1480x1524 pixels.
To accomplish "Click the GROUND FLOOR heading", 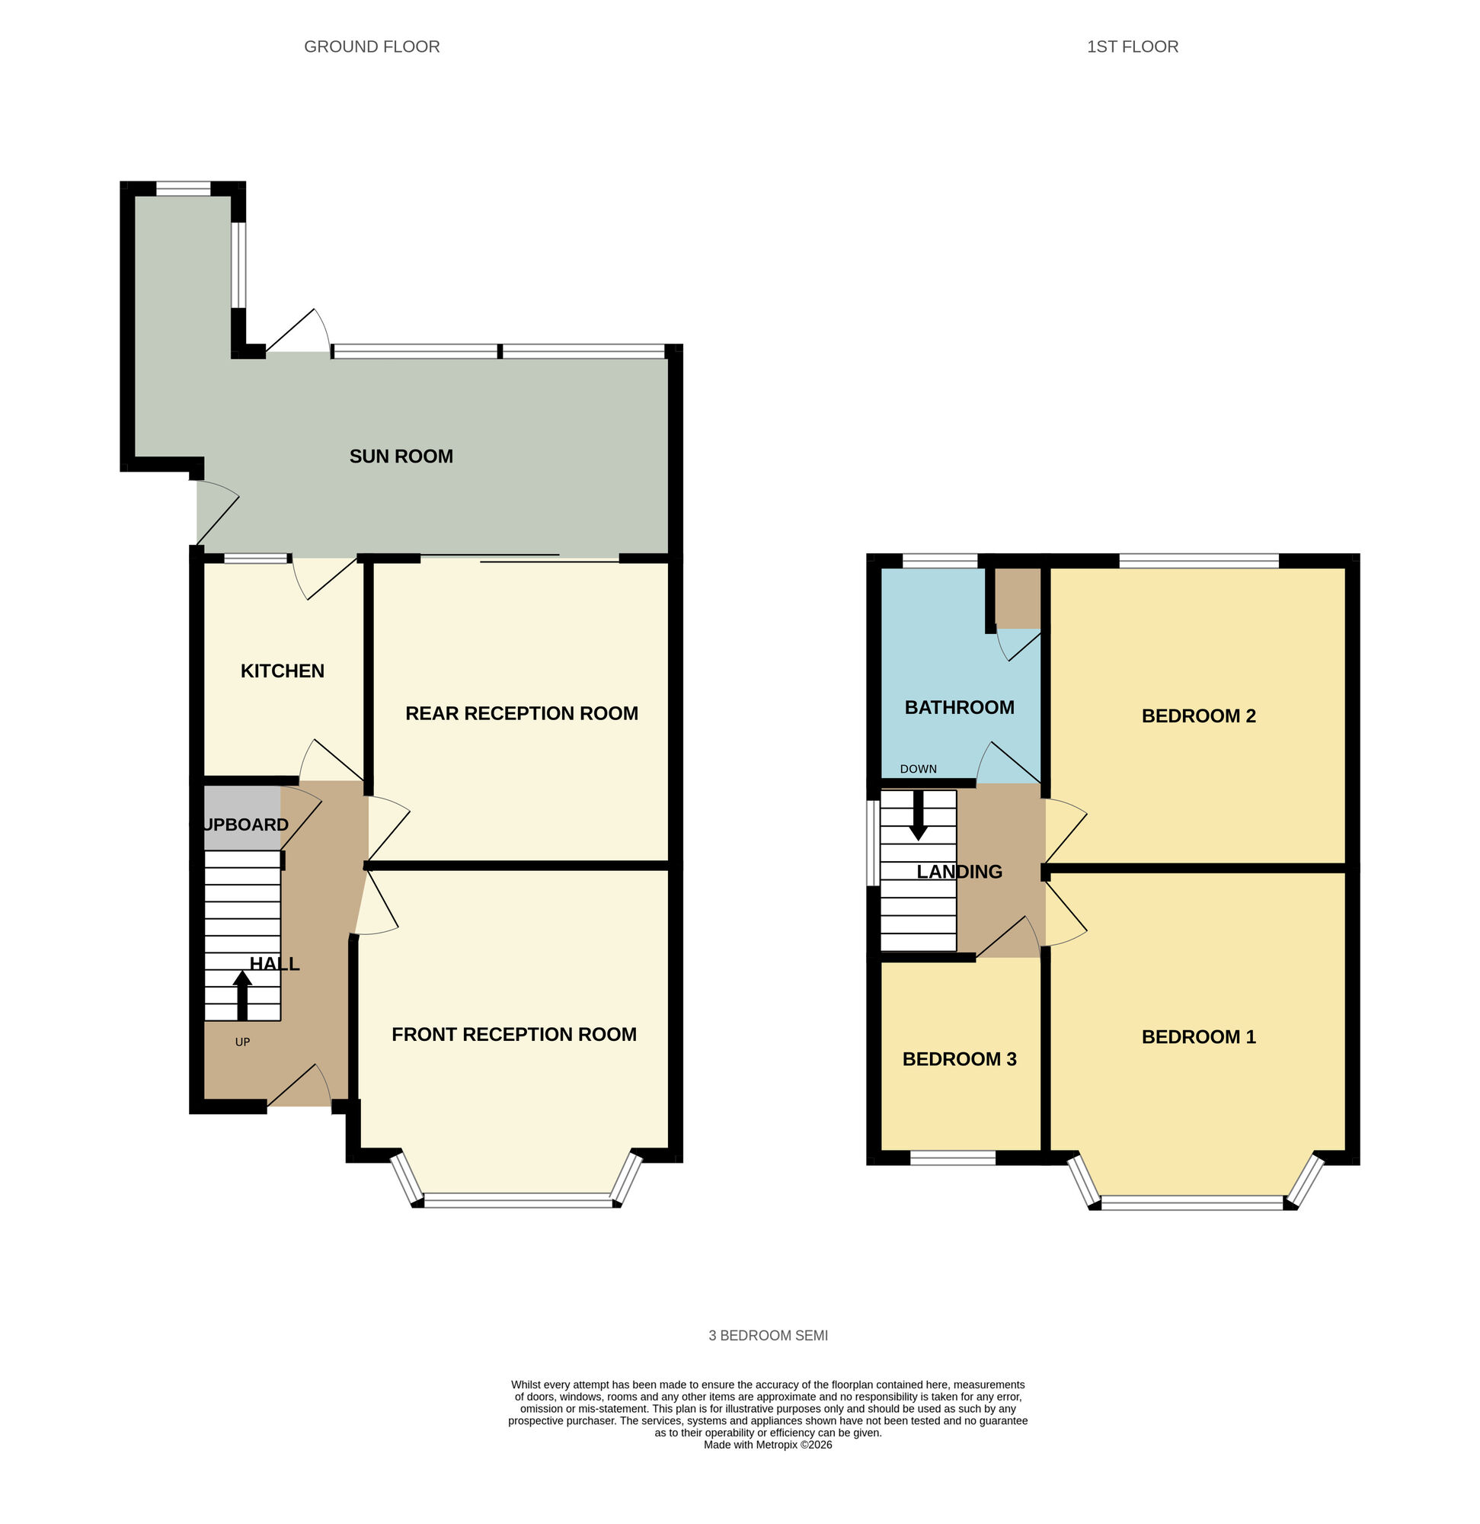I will pyautogui.click(x=372, y=46).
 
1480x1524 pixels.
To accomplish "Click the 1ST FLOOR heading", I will pyautogui.click(x=1132, y=46).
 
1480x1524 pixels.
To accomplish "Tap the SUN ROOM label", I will pyautogui.click(x=401, y=456).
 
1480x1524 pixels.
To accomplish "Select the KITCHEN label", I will pyautogui.click(x=282, y=671).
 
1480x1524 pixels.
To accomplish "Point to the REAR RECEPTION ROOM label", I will pyautogui.click(x=522, y=713).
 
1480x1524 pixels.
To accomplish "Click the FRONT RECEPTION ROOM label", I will pyautogui.click(x=514, y=1034).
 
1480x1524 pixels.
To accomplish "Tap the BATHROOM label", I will pyautogui.click(x=959, y=708).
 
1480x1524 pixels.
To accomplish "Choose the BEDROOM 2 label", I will pyautogui.click(x=1199, y=716).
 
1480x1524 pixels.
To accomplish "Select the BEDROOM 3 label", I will pyautogui.click(x=959, y=1059).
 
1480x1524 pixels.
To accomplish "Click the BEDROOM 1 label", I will pyautogui.click(x=1199, y=1036).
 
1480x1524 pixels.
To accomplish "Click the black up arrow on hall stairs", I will pyautogui.click(x=242, y=995).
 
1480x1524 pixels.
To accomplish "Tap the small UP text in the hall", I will pyautogui.click(x=242, y=1042).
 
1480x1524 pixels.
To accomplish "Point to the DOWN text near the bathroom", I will pyautogui.click(x=918, y=769).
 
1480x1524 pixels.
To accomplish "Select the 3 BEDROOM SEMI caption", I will pyautogui.click(x=768, y=1336).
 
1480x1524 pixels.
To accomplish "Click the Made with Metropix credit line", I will pyautogui.click(x=768, y=1445).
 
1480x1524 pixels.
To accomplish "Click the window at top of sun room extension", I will pyautogui.click(x=184, y=188).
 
